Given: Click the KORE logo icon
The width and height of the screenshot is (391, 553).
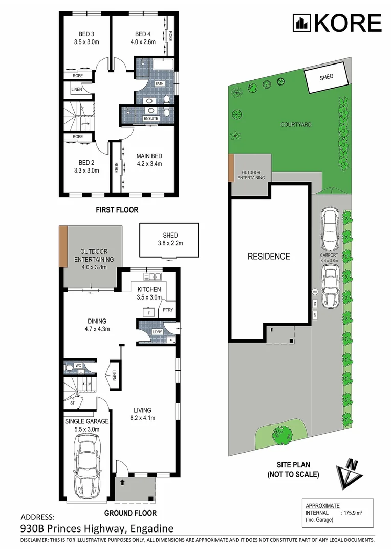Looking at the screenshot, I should [301, 23].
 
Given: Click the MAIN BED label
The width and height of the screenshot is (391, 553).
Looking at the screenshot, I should [149, 156].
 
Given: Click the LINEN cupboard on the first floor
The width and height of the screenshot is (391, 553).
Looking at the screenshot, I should [77, 89].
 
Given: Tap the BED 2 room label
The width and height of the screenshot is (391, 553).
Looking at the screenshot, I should [85, 163].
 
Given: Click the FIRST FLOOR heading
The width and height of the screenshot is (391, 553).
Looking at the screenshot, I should [118, 210].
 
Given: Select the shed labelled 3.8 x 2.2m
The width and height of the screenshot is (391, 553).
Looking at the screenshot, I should [169, 240].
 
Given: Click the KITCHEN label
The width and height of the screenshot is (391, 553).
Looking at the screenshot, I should [149, 289].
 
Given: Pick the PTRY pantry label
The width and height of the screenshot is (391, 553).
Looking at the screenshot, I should [167, 310].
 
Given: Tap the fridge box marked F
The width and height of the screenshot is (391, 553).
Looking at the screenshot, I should [148, 311].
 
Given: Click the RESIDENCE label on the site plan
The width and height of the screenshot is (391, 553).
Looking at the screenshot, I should [269, 257].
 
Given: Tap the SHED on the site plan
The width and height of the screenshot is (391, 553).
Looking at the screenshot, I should [326, 77].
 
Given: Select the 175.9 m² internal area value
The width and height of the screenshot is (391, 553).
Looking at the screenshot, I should [353, 512].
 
